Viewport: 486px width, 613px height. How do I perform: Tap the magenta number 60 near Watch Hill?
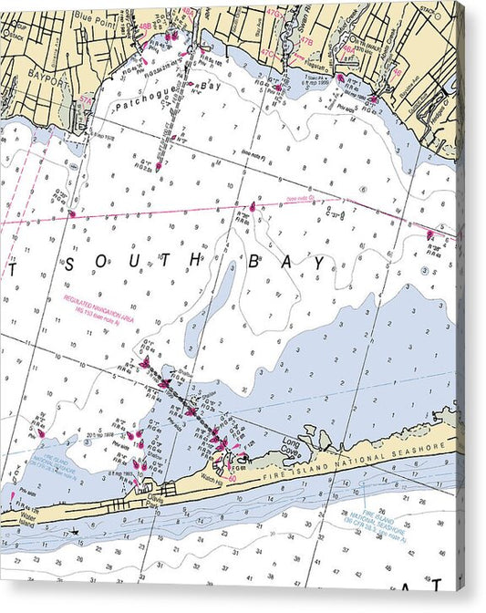pyautogui.click(x=233, y=478)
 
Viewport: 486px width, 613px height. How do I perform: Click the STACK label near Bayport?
pyautogui.click(x=13, y=28)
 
